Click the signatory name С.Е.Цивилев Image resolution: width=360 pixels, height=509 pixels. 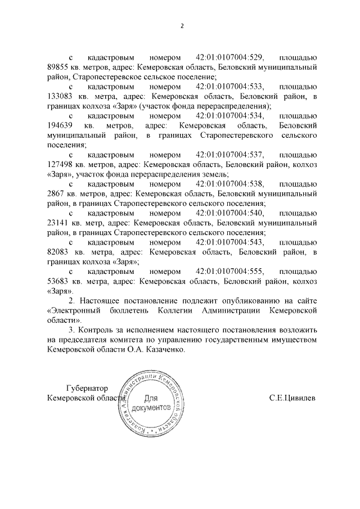(x=292, y=398)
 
